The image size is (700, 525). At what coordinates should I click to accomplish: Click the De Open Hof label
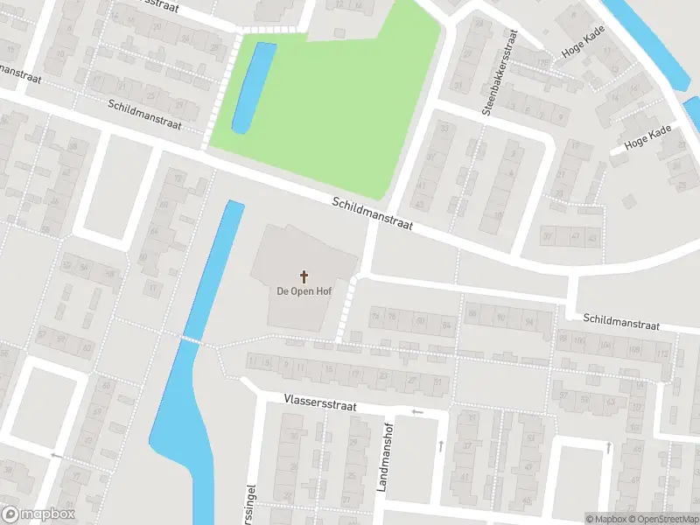tap(304, 291)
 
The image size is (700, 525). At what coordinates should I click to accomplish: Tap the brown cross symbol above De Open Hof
tap(304, 276)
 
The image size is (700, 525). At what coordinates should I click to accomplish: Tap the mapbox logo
tap(38, 514)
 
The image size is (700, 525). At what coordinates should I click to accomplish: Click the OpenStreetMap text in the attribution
tap(662, 519)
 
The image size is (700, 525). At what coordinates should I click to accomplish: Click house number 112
tap(662, 353)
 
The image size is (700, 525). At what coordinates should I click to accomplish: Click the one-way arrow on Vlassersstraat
tap(417, 411)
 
